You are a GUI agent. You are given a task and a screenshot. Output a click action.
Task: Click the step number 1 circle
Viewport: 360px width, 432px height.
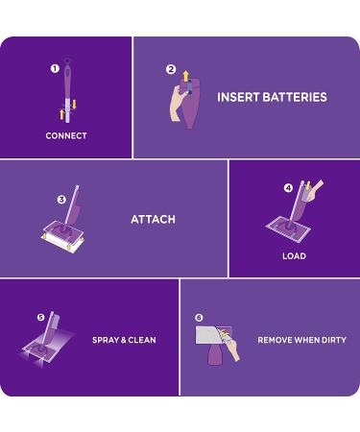pos(55,69)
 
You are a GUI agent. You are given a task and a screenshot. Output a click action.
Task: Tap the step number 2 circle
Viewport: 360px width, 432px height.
pos(171,69)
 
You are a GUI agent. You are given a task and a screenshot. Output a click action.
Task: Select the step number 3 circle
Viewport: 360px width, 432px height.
pos(61,200)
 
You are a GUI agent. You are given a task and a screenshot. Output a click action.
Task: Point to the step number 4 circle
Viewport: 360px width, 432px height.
pos(289,188)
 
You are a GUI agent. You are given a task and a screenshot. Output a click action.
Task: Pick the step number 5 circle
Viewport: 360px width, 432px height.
pos(40,317)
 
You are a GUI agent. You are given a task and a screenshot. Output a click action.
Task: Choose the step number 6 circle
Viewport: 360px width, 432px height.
pos(199,318)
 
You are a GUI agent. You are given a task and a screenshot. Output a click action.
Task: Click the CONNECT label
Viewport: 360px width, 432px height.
pos(66,136)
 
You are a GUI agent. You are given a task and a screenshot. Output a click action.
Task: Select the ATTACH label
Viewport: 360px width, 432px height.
pos(153,220)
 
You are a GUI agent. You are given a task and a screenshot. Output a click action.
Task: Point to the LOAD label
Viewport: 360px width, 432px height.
pos(294,256)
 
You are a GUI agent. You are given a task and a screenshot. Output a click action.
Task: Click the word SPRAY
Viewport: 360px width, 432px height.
pos(107,340)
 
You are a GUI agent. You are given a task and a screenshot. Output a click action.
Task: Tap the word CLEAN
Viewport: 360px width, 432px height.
pos(141,340)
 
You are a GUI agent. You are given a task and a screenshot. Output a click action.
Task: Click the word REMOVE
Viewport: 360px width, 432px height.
pos(276,340)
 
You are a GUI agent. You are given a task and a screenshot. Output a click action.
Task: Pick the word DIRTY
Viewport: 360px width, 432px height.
pos(333,340)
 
